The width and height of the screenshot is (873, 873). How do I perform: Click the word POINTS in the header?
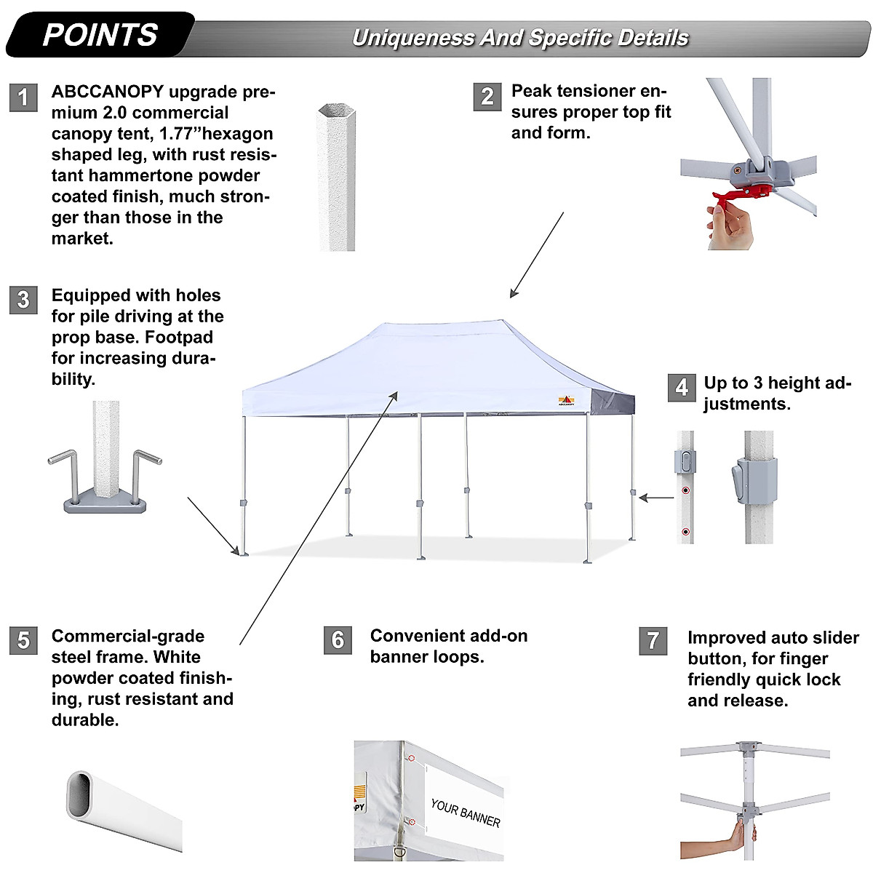point(100,35)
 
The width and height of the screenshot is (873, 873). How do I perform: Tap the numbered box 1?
point(23,97)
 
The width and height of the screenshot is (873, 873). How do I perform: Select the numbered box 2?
point(487,96)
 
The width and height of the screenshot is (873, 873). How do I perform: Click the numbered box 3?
point(23,300)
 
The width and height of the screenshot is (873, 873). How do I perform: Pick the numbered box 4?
point(681,387)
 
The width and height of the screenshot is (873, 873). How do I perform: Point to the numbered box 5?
point(23,640)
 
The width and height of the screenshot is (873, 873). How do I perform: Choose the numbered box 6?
point(338,639)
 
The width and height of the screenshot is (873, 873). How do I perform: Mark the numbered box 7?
point(653,641)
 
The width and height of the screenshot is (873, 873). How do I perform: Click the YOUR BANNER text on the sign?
point(466,813)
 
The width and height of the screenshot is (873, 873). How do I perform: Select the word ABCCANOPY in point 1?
point(108,92)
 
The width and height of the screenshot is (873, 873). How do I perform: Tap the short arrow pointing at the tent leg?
point(657,498)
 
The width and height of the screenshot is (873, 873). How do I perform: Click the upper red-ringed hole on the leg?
point(685,490)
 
